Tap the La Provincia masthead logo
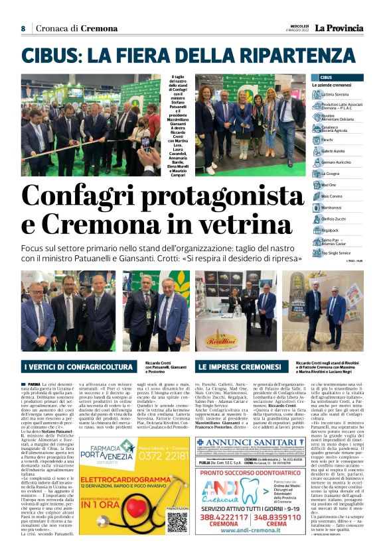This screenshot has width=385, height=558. click(x=339, y=28)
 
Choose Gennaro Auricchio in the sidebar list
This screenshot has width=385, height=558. click(x=341, y=162)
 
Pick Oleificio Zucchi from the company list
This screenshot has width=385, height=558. click(x=338, y=218)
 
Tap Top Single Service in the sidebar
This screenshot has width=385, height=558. click(x=339, y=253)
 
